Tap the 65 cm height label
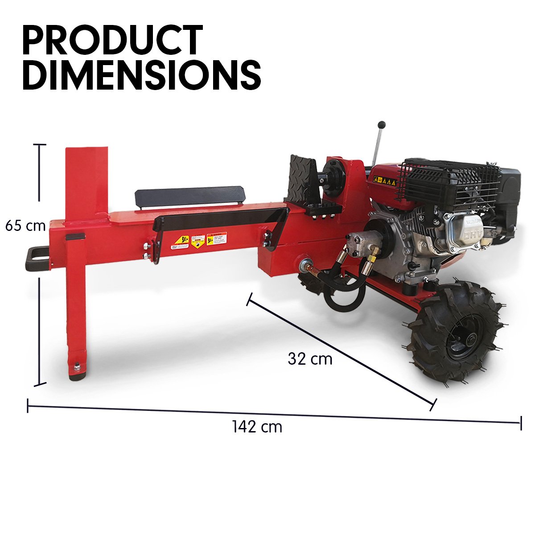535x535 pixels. pyautogui.click(x=25, y=226)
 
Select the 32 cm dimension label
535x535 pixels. pyautogui.click(x=310, y=358)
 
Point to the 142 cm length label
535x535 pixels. pyautogui.click(x=257, y=427)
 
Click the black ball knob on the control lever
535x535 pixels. pyautogui.click(x=381, y=125)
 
